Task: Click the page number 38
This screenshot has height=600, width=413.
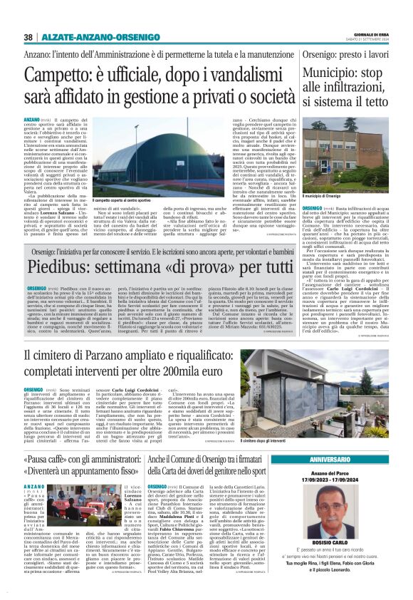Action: pyautogui.click(x=28, y=37)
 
